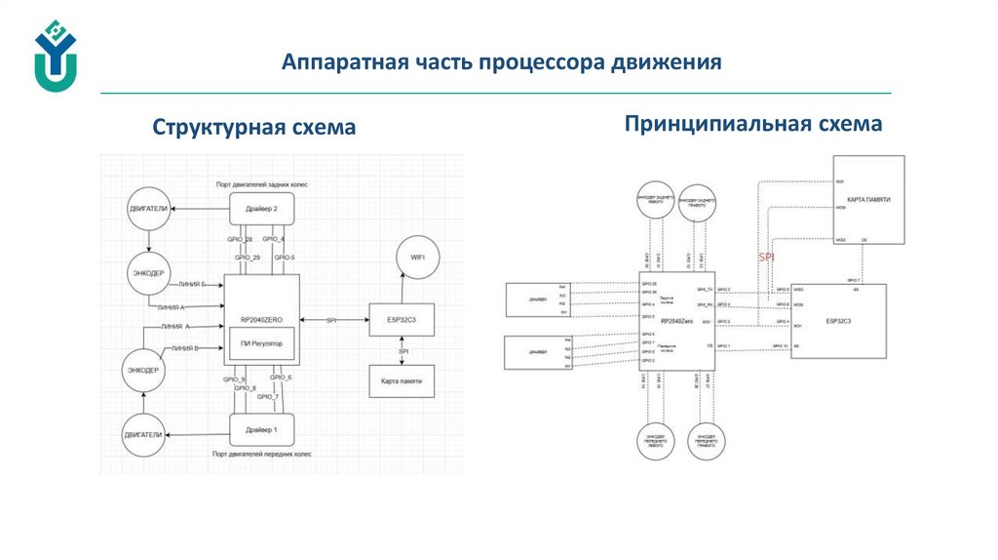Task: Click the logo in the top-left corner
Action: click(55, 57)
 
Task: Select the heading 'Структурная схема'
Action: click(253, 128)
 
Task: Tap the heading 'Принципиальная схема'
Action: click(753, 124)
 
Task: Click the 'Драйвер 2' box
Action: click(261, 209)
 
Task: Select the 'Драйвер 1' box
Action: click(261, 429)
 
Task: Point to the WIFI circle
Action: click(417, 257)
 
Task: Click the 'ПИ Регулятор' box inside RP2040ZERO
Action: click(260, 342)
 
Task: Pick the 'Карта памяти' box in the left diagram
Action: click(401, 380)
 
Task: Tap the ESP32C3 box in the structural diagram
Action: click(401, 319)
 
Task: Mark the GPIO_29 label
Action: click(248, 258)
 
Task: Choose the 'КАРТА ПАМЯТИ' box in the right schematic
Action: click(868, 199)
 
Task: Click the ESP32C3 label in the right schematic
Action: click(838, 320)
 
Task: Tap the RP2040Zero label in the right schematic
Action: click(676, 320)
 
